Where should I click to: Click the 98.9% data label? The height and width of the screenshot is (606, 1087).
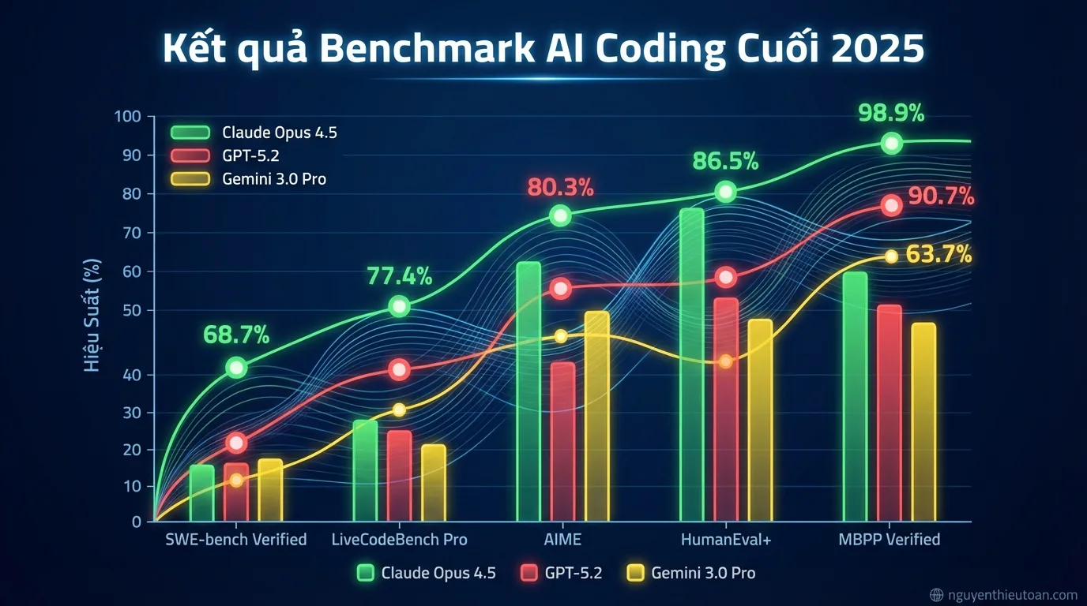tap(891, 114)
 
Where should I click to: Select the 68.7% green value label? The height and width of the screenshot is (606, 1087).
tap(236, 335)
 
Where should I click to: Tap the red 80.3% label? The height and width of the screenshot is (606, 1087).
tap(561, 188)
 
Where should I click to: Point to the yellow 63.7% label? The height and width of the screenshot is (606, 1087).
tap(939, 255)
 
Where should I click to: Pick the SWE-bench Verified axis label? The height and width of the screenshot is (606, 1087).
tap(235, 540)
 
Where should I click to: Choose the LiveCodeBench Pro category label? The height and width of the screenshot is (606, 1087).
tap(399, 540)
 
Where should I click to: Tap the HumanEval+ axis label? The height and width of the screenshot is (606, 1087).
tap(725, 540)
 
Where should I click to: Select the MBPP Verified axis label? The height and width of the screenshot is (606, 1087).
tap(889, 540)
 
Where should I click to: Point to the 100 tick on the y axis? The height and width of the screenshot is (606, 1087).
tap(127, 117)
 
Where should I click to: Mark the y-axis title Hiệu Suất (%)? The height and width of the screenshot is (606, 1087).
tap(92, 316)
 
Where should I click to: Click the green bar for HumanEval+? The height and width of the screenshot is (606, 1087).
tap(691, 363)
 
